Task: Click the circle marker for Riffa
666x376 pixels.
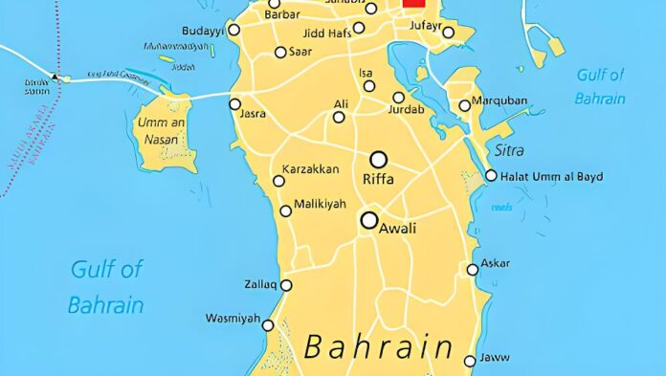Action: coord(379,159)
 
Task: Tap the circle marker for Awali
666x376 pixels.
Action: coord(369,220)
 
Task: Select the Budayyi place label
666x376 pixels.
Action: coord(202,31)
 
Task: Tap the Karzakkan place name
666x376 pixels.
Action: coord(310,169)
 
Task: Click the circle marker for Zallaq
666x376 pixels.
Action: coord(286,285)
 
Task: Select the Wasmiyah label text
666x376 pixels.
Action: coord(233,319)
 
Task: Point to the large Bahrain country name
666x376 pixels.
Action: coord(378,346)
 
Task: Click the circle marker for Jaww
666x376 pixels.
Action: coord(470,361)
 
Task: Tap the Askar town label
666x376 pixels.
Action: coord(496,263)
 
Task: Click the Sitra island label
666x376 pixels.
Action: coord(509,150)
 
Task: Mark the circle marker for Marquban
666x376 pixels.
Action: coord(465,106)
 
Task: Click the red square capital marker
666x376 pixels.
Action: coord(413,3)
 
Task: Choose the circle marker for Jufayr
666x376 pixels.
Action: coord(449,33)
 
